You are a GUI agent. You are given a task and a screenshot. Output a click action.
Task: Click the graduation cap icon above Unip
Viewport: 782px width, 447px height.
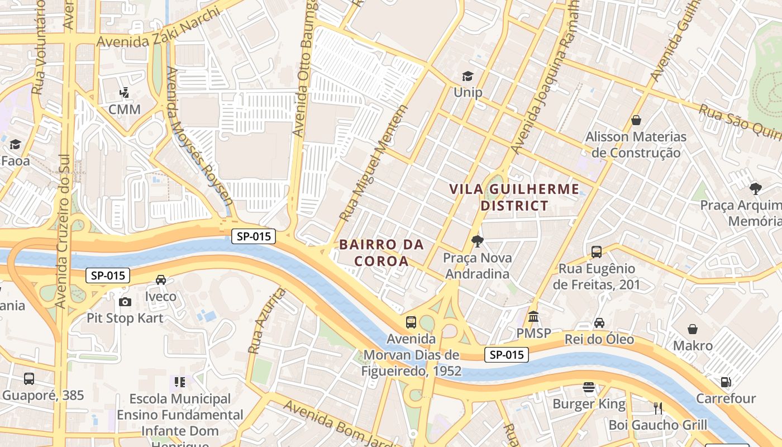coord(467,76)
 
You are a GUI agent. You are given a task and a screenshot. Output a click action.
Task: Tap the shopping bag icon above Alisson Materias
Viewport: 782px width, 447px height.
coord(636,120)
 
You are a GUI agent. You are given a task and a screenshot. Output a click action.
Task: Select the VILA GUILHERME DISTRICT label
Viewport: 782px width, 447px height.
coord(514,197)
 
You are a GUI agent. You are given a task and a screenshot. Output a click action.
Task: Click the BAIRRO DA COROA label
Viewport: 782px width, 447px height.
coord(382,253)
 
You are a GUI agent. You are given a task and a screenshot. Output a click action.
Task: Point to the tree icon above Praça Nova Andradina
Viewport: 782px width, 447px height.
coord(477,241)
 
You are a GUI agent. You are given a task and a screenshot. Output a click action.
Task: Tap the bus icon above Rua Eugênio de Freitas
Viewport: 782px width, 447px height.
coord(597,252)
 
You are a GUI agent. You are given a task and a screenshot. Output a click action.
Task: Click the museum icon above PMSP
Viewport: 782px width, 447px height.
coord(533,317)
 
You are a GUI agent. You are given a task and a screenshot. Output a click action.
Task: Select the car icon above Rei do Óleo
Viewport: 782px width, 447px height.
coord(599,323)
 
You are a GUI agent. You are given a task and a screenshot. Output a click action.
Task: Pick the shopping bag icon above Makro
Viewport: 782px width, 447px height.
coord(693,329)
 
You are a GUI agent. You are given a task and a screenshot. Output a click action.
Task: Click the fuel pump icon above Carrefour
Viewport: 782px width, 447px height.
coord(726,382)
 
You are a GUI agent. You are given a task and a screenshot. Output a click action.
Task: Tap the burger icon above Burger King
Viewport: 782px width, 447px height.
coord(589,387)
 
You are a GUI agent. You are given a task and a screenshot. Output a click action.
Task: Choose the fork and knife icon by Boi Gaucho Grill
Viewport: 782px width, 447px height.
coord(658,408)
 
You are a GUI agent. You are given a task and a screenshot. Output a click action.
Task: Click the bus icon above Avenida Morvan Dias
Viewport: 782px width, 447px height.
coord(411,322)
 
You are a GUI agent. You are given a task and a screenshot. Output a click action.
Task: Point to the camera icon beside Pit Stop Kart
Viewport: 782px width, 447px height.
coord(125,302)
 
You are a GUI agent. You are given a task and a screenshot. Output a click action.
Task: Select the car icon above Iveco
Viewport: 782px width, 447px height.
coord(161,280)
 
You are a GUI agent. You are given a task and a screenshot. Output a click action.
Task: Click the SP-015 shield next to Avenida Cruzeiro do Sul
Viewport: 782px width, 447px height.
coord(108,275)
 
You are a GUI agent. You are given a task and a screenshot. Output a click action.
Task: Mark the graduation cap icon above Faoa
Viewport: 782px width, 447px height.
coord(15,145)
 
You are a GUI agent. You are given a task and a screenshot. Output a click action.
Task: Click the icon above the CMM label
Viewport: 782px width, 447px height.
coord(125,93)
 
